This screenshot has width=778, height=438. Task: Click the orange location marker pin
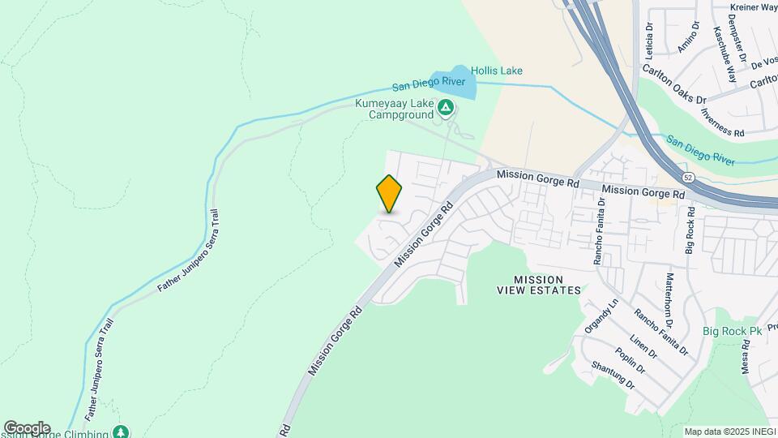pyautogui.click(x=390, y=193)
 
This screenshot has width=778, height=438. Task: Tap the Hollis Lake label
pyautogui.click(x=497, y=71)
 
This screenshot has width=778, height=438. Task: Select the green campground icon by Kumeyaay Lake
pyautogui.click(x=445, y=107)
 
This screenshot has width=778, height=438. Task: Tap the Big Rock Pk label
pyautogui.click(x=733, y=331)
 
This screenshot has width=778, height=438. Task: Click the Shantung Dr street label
pyautogui.click(x=613, y=376)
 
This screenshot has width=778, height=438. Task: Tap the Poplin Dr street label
pyautogui.click(x=629, y=358)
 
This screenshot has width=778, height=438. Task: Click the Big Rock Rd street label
pyautogui.click(x=690, y=230)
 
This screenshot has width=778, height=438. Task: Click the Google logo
pyautogui.click(x=27, y=427)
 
